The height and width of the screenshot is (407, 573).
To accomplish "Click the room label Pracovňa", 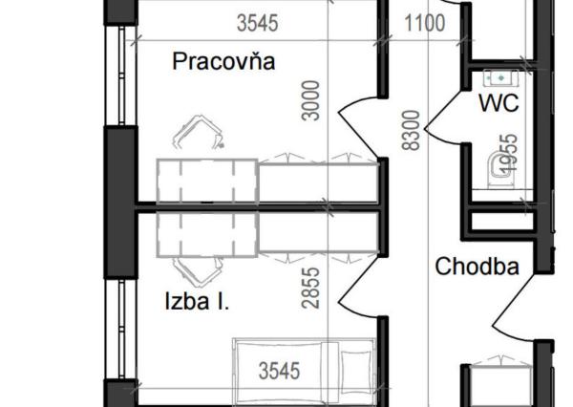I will click(223, 62).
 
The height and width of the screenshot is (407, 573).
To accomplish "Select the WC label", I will click(499, 102).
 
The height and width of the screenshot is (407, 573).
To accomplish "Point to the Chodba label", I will click(477, 267).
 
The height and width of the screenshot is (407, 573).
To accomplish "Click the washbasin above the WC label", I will click(499, 77).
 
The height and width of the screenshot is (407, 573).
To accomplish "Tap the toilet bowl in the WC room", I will click(496, 168).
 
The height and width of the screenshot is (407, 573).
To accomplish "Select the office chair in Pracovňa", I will click(202, 134).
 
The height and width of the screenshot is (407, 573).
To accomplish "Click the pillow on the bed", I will click(356, 368).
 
